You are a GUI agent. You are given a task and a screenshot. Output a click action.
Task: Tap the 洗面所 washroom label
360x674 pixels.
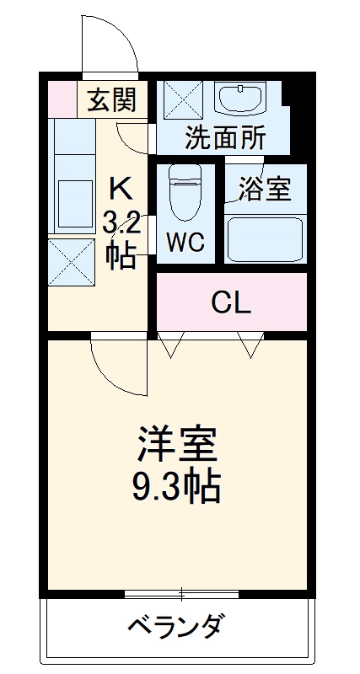coord(225,138)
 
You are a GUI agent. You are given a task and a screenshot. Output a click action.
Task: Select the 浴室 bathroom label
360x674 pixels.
coord(264,190)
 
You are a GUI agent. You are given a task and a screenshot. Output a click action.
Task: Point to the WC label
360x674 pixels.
coord(184,243)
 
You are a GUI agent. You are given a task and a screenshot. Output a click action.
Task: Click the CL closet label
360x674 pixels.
coord(230,302)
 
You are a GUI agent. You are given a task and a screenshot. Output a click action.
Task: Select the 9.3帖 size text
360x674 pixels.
coord(177,486)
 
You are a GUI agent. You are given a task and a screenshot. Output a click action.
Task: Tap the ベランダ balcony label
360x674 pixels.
coord(176,627)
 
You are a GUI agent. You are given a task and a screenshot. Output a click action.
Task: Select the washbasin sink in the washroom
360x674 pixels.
coord(241,99)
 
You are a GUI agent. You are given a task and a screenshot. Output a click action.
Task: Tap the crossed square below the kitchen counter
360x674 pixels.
coord(71,262)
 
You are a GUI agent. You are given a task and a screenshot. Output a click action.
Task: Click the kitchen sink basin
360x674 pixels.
coord(74,202)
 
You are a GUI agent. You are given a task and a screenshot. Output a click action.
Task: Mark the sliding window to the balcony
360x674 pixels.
coord(181,593)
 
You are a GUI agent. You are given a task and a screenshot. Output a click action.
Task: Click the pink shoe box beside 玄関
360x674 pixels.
coord(62,99)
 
